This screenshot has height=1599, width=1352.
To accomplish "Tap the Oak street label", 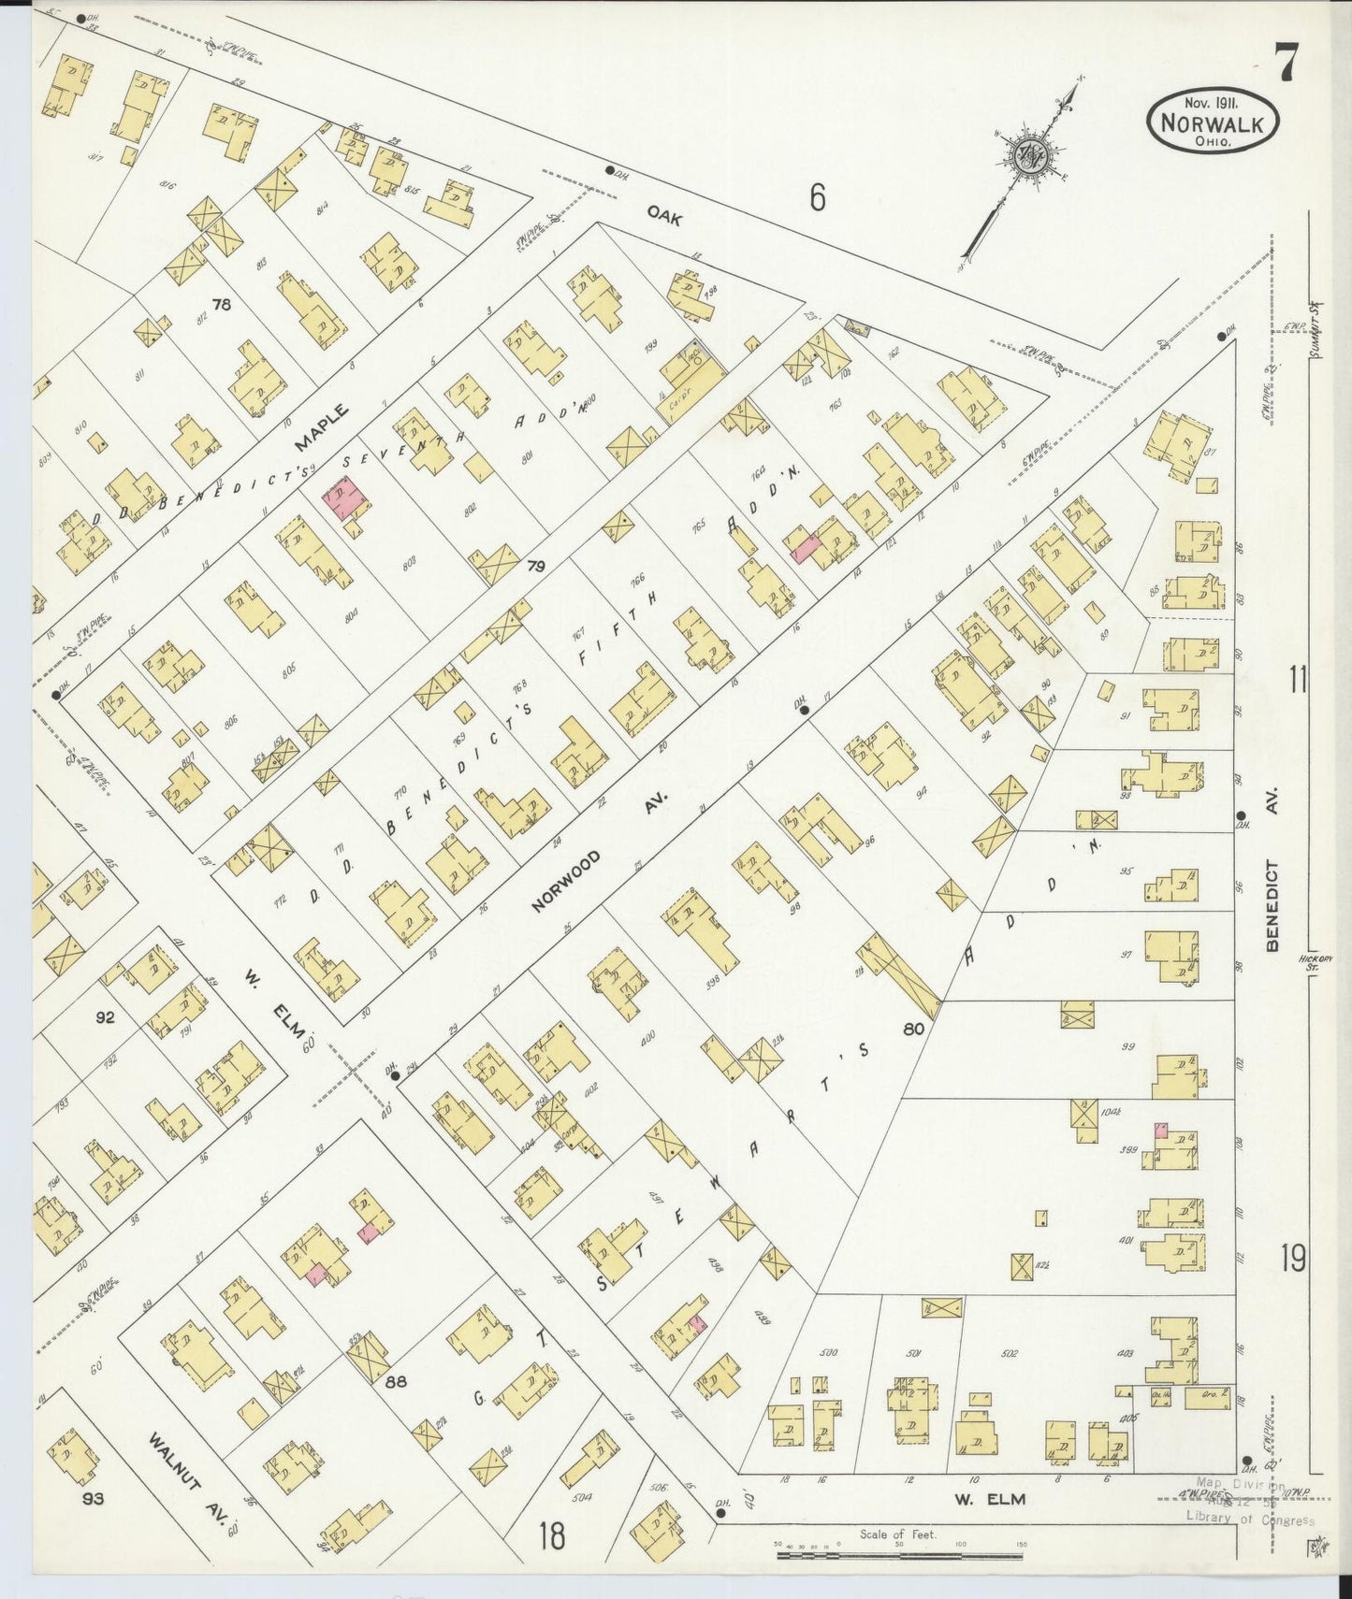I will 663,218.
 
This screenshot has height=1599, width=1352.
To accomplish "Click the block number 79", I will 535,566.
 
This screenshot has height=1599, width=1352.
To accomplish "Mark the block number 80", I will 914,1029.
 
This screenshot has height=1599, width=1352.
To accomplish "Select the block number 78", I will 221,304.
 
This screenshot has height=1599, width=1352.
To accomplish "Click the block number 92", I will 104,1016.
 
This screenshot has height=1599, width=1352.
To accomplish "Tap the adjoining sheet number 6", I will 817,197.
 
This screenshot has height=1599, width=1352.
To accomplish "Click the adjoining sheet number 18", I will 552,1534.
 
